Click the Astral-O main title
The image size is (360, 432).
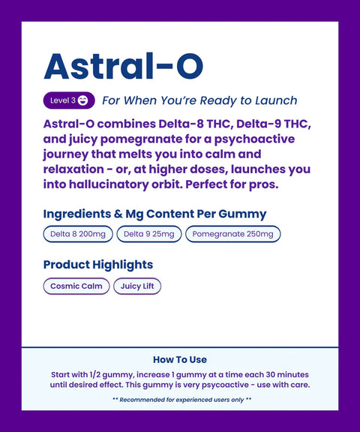(x=123, y=67)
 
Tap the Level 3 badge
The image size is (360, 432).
(x=69, y=100)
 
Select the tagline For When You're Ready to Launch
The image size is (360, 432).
(x=199, y=100)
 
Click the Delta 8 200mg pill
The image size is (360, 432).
(x=78, y=234)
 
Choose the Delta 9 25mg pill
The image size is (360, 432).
(x=148, y=234)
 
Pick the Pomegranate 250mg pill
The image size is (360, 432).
(x=232, y=234)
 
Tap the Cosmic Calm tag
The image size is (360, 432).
(x=76, y=286)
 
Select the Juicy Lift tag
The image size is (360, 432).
(x=137, y=286)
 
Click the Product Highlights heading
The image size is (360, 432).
(x=98, y=265)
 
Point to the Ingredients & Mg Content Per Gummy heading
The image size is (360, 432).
(x=154, y=214)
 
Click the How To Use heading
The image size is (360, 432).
(x=180, y=359)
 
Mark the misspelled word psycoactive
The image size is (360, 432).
(x=234, y=385)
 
